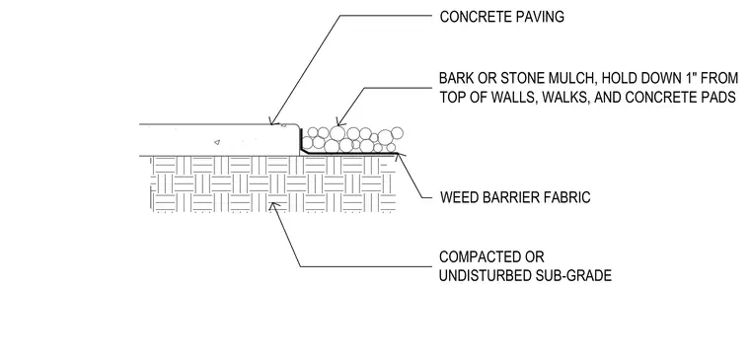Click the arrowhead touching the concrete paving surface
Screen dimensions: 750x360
273,121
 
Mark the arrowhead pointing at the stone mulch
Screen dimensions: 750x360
339,121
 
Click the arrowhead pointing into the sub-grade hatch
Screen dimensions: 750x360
273,206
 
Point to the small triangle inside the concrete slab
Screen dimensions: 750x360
217,141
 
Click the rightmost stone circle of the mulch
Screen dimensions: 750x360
397,132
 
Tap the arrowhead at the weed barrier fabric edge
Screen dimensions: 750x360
398,157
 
